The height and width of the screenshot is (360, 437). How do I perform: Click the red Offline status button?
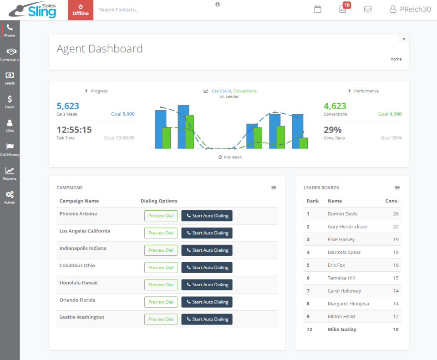pyautogui.click(x=81, y=10)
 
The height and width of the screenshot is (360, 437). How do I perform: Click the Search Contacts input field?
pyautogui.click(x=155, y=10)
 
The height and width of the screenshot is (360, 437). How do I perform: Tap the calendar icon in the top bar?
pyautogui.click(x=318, y=9)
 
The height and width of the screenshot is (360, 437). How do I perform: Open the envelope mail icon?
pyautogui.click(x=368, y=9)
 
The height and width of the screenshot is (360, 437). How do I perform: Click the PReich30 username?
pyautogui.click(x=415, y=9)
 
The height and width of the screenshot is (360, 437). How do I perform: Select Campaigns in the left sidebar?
pyautogui.click(x=10, y=54)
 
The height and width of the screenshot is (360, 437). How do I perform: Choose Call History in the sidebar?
pyautogui.click(x=10, y=149)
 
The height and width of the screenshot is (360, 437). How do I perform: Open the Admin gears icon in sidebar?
pyautogui.click(x=10, y=197)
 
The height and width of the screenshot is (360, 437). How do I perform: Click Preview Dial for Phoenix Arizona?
pyautogui.click(x=161, y=216)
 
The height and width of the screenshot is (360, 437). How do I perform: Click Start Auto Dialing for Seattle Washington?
pyautogui.click(x=207, y=319)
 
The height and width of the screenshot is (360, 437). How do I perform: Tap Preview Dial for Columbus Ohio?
pyautogui.click(x=161, y=268)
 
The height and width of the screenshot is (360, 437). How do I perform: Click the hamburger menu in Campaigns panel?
pyautogui.click(x=274, y=188)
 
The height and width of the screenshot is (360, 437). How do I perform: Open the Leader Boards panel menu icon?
pyautogui.click(x=397, y=188)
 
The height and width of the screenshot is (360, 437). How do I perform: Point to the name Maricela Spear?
pyautogui.click(x=344, y=252)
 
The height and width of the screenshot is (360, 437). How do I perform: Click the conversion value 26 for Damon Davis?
pyautogui.click(x=395, y=214)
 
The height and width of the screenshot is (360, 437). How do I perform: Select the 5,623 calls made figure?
pyautogui.click(x=68, y=106)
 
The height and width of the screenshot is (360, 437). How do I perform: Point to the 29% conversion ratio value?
pyautogui.click(x=332, y=130)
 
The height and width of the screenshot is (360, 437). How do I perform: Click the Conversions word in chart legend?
pyautogui.click(x=245, y=91)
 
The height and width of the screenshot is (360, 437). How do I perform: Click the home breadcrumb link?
pyautogui.click(x=396, y=59)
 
